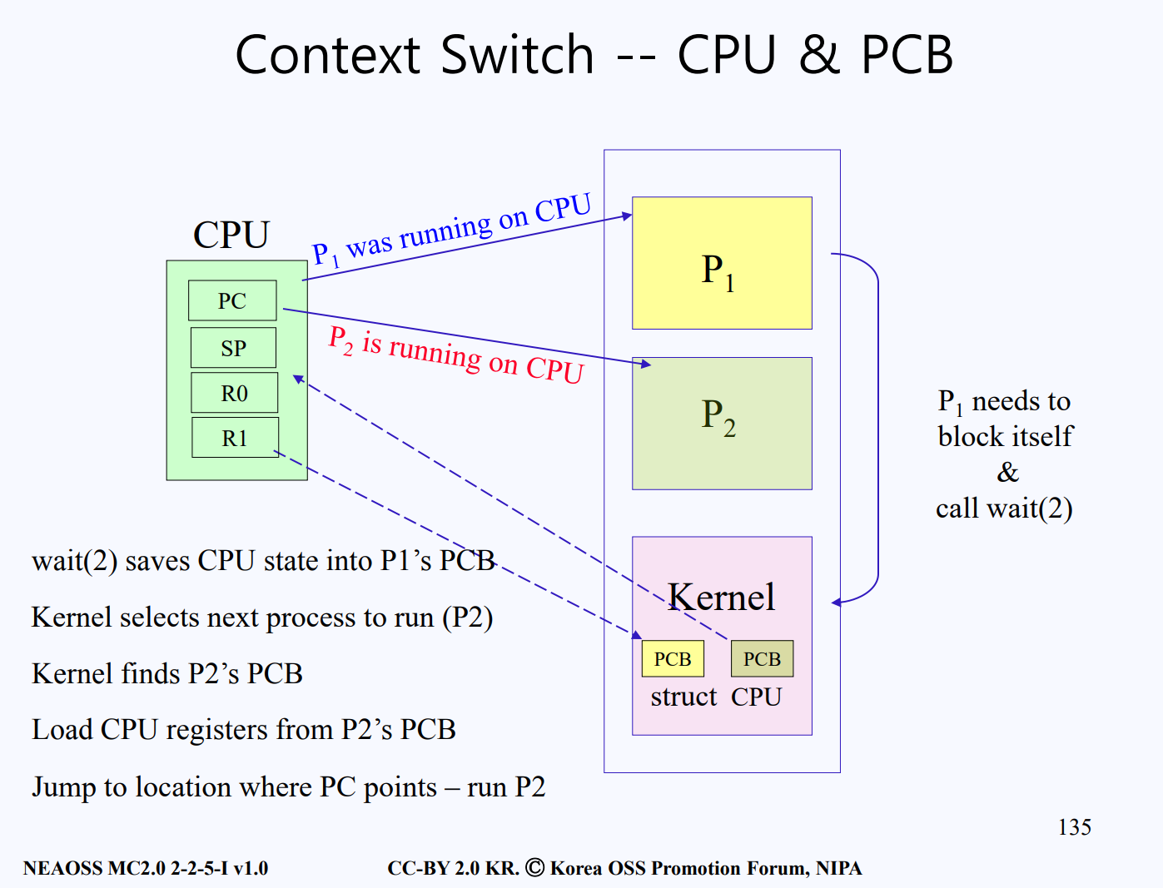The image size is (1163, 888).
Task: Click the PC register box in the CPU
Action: [232, 300]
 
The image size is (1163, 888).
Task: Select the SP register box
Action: [233, 348]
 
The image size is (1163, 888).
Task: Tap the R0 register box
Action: [234, 393]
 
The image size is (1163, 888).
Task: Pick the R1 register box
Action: [235, 438]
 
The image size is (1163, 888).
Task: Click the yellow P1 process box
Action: [722, 263]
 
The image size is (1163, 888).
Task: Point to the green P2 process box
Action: [722, 423]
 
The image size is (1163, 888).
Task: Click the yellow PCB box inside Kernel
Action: [673, 658]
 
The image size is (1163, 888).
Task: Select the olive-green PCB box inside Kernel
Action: [762, 658]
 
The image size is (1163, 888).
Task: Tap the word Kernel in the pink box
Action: [721, 597]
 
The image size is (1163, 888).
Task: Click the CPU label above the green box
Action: [231, 235]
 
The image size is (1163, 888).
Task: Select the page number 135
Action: [1074, 827]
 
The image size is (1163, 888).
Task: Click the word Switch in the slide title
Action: [517, 56]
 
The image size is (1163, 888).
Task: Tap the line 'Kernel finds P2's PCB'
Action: [167, 673]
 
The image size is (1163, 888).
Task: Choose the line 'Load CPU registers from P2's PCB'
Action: [244, 730]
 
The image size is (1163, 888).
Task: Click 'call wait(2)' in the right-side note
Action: [1004, 508]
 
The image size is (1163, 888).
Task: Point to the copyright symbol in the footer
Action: [535, 867]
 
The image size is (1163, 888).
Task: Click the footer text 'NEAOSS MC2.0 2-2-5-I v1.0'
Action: [146, 868]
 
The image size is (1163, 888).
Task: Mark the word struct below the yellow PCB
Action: [683, 697]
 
